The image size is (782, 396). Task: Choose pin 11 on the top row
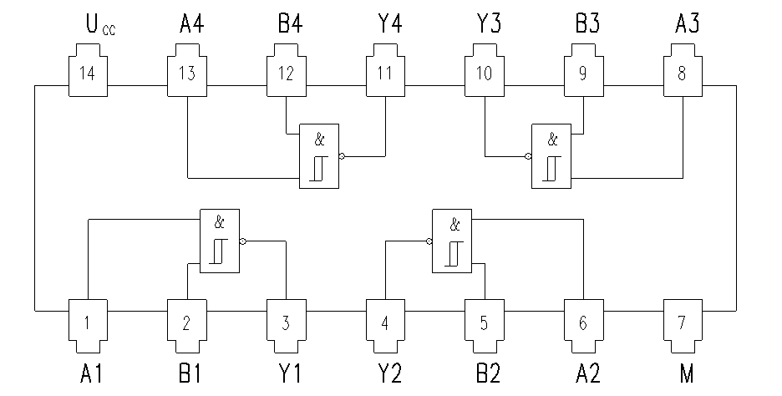[x=385, y=73]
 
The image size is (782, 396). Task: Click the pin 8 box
[x=683, y=73]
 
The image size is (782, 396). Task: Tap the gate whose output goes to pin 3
[x=219, y=240]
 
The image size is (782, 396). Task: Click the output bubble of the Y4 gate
[x=343, y=156]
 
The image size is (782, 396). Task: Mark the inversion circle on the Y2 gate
[x=429, y=241]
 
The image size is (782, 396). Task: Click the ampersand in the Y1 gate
[x=219, y=223]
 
